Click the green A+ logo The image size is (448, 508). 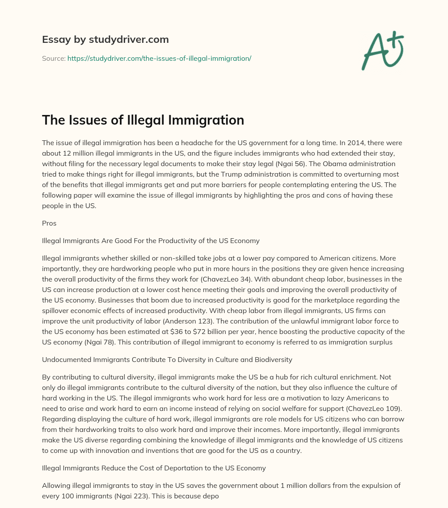point(382,50)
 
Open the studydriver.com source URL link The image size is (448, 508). point(159,58)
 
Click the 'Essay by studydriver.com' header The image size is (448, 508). point(105,39)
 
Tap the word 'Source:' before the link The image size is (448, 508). point(53,58)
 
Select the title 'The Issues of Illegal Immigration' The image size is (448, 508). point(143,120)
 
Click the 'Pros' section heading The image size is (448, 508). point(49,223)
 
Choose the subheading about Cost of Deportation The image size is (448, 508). point(154,468)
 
